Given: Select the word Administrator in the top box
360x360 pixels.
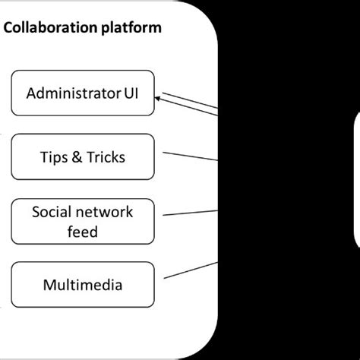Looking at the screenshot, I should (x=72, y=94).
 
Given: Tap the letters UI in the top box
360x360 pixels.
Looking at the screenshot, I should (x=131, y=94).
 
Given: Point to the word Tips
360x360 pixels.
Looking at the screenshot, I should (x=55, y=158).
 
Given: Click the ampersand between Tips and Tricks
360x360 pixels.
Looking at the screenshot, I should (x=77, y=158).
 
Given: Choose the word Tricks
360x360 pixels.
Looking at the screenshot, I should (x=105, y=158).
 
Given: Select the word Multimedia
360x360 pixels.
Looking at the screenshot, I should (x=82, y=286).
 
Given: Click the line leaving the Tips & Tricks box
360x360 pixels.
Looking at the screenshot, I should (x=190, y=156).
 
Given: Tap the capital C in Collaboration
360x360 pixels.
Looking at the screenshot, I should (x=9, y=29).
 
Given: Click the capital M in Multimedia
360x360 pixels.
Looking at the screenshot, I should (x=49, y=286).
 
